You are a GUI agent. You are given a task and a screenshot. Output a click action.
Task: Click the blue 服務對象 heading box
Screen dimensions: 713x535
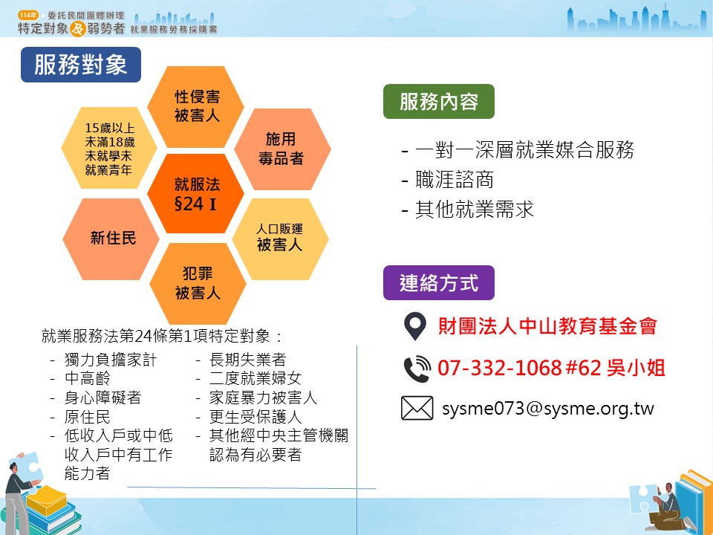point(81,65)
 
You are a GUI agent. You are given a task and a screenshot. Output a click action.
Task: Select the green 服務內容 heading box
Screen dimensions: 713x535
point(439,102)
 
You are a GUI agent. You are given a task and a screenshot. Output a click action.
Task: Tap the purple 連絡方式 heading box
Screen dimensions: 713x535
point(439,282)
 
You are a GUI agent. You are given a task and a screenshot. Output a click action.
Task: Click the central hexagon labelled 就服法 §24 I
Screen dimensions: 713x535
point(196,194)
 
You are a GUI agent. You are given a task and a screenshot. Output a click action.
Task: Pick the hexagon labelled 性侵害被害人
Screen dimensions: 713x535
point(196,106)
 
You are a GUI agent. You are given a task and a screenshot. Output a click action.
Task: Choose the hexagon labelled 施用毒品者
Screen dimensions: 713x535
point(282,149)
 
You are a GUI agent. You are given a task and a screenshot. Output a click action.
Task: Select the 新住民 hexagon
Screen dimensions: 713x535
point(111,239)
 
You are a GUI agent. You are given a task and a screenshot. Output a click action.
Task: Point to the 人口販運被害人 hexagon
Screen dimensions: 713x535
point(280,239)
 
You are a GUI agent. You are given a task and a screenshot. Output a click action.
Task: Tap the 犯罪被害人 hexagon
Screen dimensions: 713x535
point(198,283)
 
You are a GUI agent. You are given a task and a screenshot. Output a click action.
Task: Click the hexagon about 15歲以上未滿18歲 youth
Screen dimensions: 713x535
point(109,149)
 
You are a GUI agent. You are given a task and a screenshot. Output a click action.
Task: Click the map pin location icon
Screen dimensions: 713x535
point(414,326)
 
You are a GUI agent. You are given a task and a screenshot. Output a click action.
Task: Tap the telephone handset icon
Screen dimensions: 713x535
point(417,368)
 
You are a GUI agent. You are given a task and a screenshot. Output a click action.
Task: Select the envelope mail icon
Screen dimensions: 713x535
point(417,408)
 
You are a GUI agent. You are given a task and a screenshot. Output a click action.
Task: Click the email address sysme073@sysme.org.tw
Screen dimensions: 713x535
point(548,409)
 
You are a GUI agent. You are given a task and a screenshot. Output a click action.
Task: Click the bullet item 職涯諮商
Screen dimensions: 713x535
point(455,180)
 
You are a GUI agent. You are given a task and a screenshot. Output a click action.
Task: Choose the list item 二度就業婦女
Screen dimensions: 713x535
point(255,378)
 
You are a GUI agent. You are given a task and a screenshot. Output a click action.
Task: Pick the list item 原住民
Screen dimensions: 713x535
point(88,417)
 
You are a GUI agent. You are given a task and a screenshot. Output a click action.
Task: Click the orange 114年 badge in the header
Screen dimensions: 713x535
point(28,15)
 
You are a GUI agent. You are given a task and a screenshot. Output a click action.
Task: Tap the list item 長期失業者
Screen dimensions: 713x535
point(248,360)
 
